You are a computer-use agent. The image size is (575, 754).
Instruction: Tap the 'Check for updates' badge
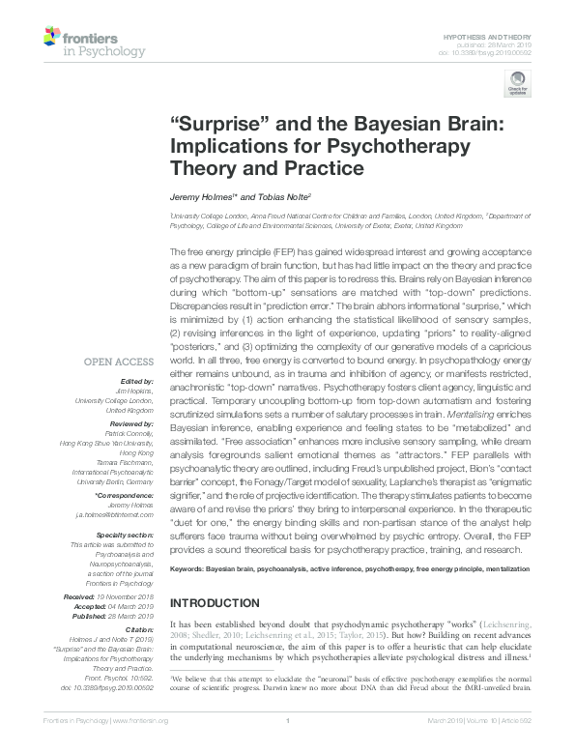(x=518, y=85)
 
